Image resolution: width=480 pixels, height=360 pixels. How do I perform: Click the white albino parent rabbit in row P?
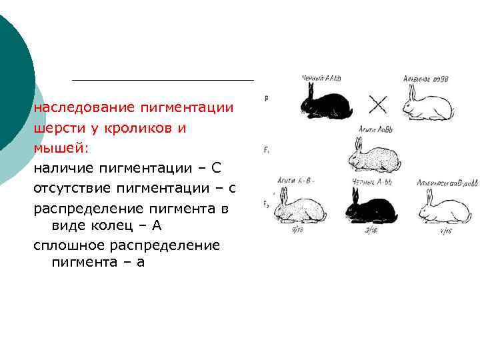coord(427,105)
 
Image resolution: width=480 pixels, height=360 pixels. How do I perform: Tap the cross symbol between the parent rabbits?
coord(378,104)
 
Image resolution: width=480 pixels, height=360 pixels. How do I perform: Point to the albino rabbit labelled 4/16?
coord(443,209)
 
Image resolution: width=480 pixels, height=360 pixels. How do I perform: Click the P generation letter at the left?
coord(267,99)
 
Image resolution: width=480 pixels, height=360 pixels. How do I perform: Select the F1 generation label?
coord(266,151)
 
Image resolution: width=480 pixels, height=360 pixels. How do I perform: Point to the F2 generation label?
coord(266,203)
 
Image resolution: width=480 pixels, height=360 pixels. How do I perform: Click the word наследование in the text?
coord(77,107)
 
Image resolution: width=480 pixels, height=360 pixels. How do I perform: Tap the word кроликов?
coord(143,129)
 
